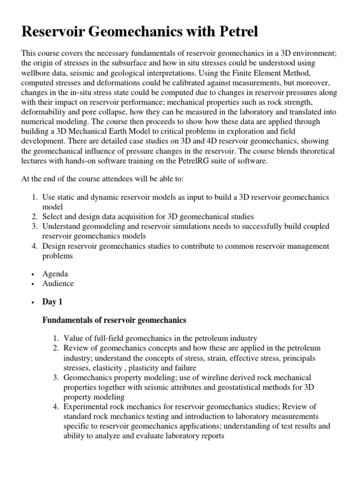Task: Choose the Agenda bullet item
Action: pos(55,273)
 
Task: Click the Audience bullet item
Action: pos(58,284)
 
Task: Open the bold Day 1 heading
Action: pos(52,302)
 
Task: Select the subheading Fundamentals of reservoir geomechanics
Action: pos(114,320)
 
